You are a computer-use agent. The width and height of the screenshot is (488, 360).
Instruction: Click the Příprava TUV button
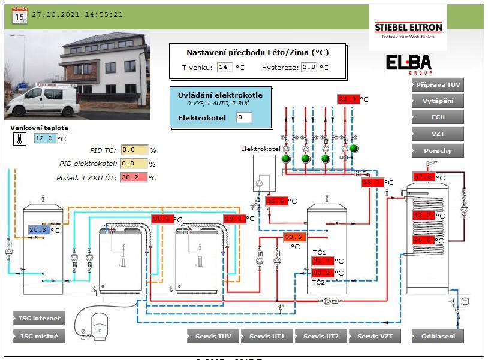pos(438,85)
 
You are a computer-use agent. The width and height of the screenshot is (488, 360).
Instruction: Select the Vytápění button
pos(438,101)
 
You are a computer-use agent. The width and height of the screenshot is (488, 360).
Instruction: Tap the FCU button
pos(438,118)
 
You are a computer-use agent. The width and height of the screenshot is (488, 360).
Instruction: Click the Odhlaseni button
pos(438,336)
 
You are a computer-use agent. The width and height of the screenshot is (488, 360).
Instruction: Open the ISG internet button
pos(39,318)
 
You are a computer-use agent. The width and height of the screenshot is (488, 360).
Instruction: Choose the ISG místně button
pos(39,336)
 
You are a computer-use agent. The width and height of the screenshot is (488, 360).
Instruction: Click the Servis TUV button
pos(213,336)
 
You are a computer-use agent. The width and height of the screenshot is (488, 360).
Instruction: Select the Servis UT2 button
pos(321,336)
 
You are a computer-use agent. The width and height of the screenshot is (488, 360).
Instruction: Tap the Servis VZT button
pos(375,336)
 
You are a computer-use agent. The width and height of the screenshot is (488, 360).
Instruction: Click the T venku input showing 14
pos(225,67)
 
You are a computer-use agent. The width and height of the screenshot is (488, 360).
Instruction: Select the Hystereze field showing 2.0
pos(309,67)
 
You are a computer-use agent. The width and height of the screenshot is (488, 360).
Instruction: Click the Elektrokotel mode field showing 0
pos(244,117)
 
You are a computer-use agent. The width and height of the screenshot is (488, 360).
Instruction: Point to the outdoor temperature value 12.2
pos(44,138)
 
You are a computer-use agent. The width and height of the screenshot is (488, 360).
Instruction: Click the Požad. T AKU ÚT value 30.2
pos(133,177)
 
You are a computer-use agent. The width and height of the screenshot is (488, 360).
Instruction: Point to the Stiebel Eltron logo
pos(408,28)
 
